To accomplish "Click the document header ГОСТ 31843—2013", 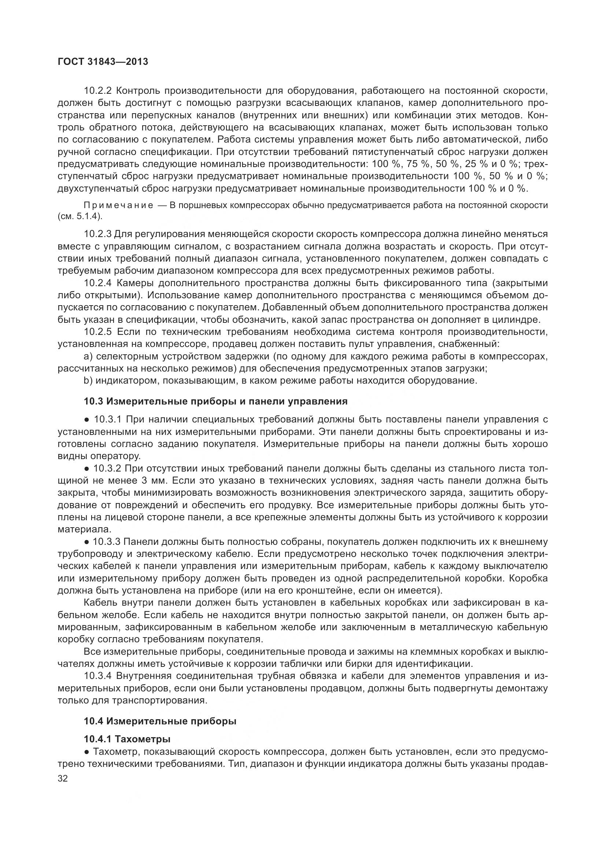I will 103,62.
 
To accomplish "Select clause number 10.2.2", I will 98,91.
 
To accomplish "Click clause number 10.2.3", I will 98,234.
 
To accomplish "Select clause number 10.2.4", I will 98,283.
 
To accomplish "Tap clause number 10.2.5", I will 98,332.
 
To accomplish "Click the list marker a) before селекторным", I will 88,357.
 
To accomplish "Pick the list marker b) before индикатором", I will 88,381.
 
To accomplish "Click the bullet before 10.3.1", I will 86,420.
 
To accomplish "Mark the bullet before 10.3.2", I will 86,469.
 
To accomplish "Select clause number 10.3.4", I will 98,676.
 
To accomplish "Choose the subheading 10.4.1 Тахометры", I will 127,739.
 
